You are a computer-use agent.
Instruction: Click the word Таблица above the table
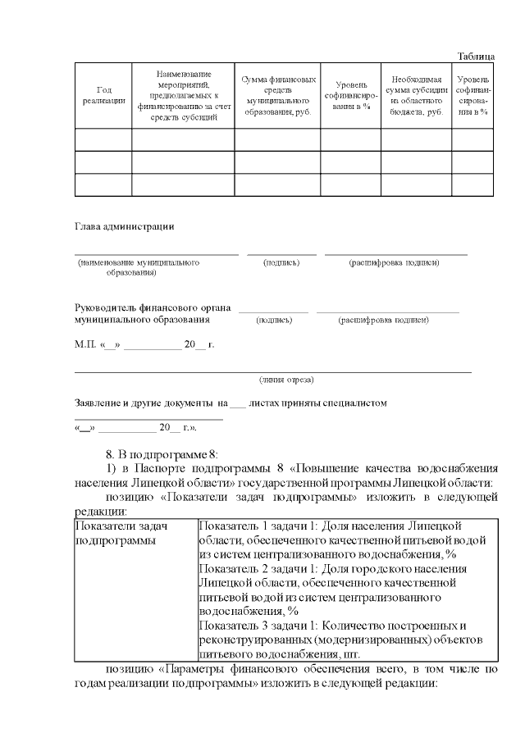point(475,56)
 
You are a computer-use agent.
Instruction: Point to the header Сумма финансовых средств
point(277,95)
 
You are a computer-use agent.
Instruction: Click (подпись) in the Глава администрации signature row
point(281,262)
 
